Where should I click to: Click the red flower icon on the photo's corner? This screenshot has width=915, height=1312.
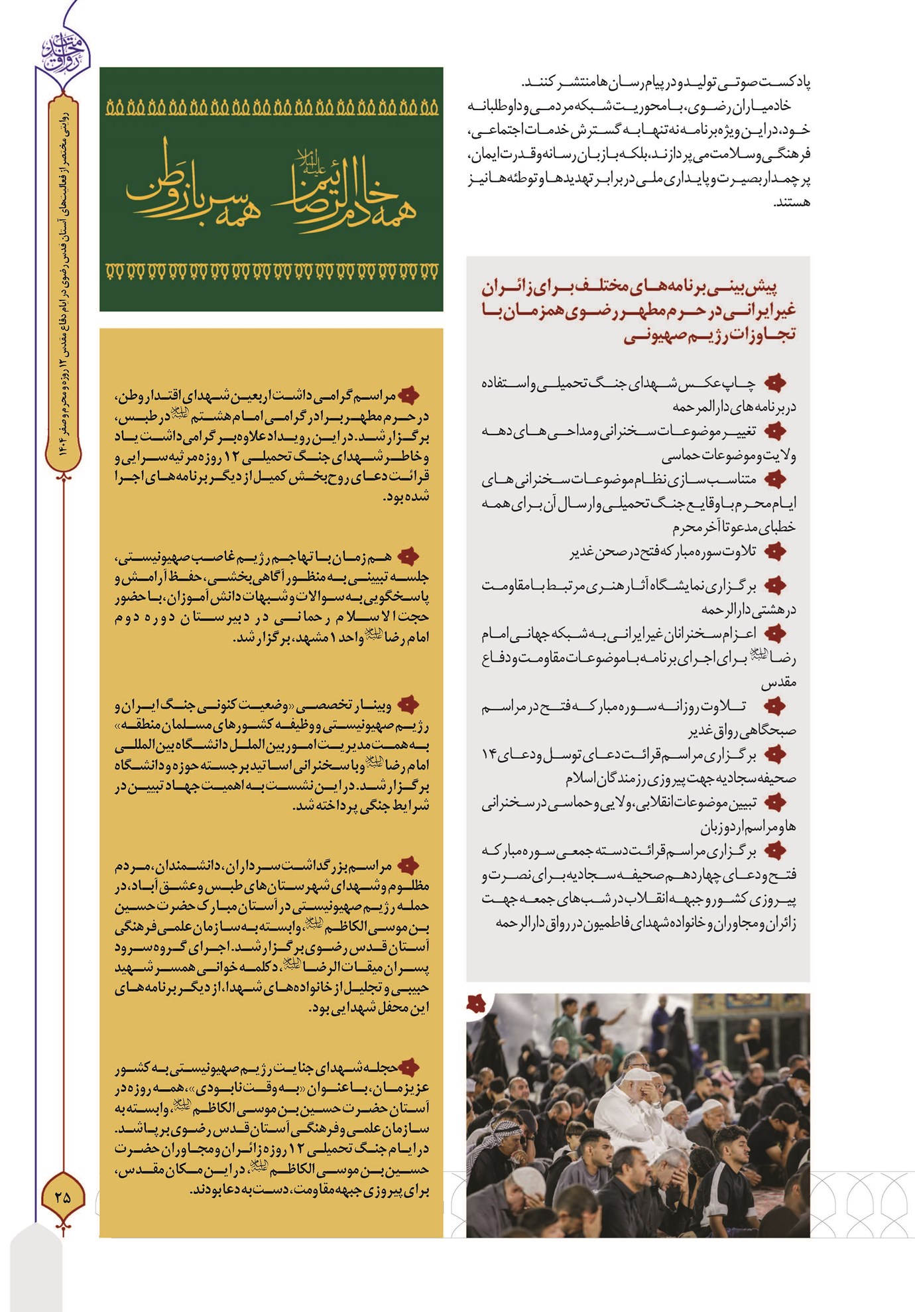click(476, 1004)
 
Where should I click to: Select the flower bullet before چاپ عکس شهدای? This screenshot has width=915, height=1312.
click(774, 383)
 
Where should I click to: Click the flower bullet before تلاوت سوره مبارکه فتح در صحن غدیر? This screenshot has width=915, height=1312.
click(774, 551)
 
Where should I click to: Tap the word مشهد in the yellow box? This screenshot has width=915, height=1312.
click(310, 638)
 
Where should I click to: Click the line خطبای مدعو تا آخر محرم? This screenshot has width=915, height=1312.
click(734, 527)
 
